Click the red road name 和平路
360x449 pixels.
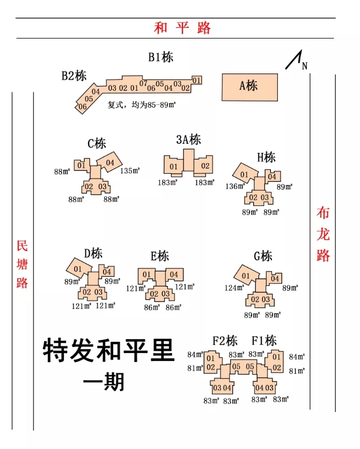[x=182, y=28]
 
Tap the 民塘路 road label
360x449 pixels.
[x=22, y=264]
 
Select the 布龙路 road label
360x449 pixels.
[x=323, y=234]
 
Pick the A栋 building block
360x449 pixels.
[x=250, y=87]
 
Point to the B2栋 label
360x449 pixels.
[x=74, y=76]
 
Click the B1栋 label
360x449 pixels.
[x=161, y=57]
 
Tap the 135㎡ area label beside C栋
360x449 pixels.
[x=130, y=171]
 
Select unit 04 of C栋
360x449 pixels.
[x=111, y=163]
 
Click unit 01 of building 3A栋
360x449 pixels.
[x=174, y=167]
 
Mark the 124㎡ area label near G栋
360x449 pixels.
[x=234, y=288]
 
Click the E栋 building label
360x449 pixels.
[x=159, y=256]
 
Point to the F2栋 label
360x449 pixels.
[x=225, y=341]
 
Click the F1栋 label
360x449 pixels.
[x=264, y=341]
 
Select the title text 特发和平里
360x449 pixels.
[x=109, y=351]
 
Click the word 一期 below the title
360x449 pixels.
[x=104, y=381]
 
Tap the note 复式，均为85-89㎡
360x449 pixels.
[x=142, y=105]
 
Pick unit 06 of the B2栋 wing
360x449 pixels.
[x=83, y=107]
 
